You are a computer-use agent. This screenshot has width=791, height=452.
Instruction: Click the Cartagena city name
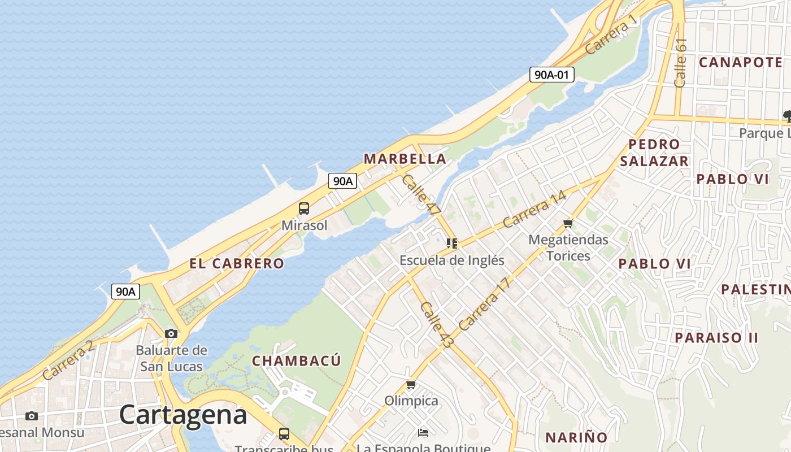pos(183,415)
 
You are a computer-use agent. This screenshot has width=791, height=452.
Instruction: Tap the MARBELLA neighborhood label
pos(405,159)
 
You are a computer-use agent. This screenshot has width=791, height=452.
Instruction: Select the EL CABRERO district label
pos(237,263)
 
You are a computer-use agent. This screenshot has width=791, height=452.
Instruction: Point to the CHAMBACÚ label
pos(297,360)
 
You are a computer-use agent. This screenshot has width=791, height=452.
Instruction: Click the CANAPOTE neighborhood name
pos(741,62)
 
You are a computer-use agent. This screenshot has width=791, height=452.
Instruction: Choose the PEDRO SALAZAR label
pos(654,153)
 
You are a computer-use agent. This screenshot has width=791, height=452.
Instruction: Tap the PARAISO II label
pos(716,337)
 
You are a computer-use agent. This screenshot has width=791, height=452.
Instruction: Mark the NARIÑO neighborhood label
pos(576,437)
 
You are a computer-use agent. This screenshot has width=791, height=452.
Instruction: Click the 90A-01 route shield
pos(551,74)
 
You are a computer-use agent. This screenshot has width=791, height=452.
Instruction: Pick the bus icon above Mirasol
pos(304,208)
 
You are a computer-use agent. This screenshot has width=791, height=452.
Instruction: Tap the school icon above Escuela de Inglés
pos(451,244)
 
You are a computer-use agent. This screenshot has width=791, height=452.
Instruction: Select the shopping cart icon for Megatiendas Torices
pos(568,224)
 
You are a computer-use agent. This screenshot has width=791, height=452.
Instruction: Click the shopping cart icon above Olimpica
pos(411,385)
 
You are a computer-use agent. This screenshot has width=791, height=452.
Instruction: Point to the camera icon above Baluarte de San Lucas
pos(171,333)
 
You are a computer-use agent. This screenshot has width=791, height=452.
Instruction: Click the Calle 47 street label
pos(421,194)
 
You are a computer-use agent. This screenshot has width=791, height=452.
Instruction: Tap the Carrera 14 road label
pos(534,209)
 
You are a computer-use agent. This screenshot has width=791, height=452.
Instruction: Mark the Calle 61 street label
pos(680,62)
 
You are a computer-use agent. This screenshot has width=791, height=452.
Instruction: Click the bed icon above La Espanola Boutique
pos(423,433)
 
